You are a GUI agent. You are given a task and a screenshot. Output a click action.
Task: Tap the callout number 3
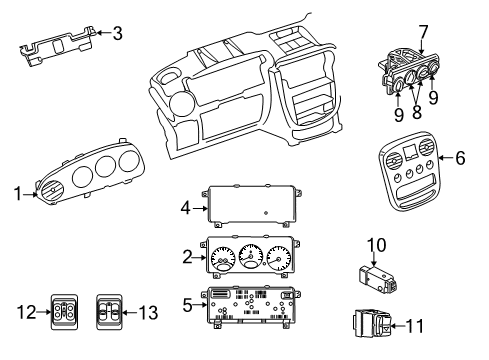[119, 34]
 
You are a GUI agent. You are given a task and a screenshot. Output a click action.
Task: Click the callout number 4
[185, 209]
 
